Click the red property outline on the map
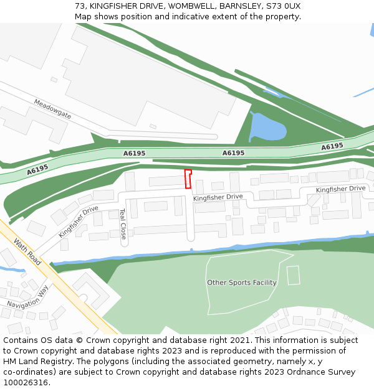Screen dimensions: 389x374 click(188, 179)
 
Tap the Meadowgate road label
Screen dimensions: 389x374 click(52, 109)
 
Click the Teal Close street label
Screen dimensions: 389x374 click(123, 224)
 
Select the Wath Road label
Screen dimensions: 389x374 click(27, 252)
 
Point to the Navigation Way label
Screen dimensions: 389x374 click(27, 297)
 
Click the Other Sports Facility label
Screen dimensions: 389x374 click(242, 283)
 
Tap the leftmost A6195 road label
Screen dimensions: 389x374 click(37, 169)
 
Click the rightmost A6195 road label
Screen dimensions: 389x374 click(332, 146)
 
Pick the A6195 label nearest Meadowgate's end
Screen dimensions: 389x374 click(134, 153)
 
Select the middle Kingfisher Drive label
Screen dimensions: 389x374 click(218, 197)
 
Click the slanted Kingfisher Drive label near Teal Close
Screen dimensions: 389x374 click(79, 222)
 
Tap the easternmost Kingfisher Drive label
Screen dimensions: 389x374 click(340, 189)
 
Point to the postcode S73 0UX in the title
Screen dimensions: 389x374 click(283, 6)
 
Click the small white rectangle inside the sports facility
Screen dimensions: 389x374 click(293, 275)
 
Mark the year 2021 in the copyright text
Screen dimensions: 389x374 click(239, 340)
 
